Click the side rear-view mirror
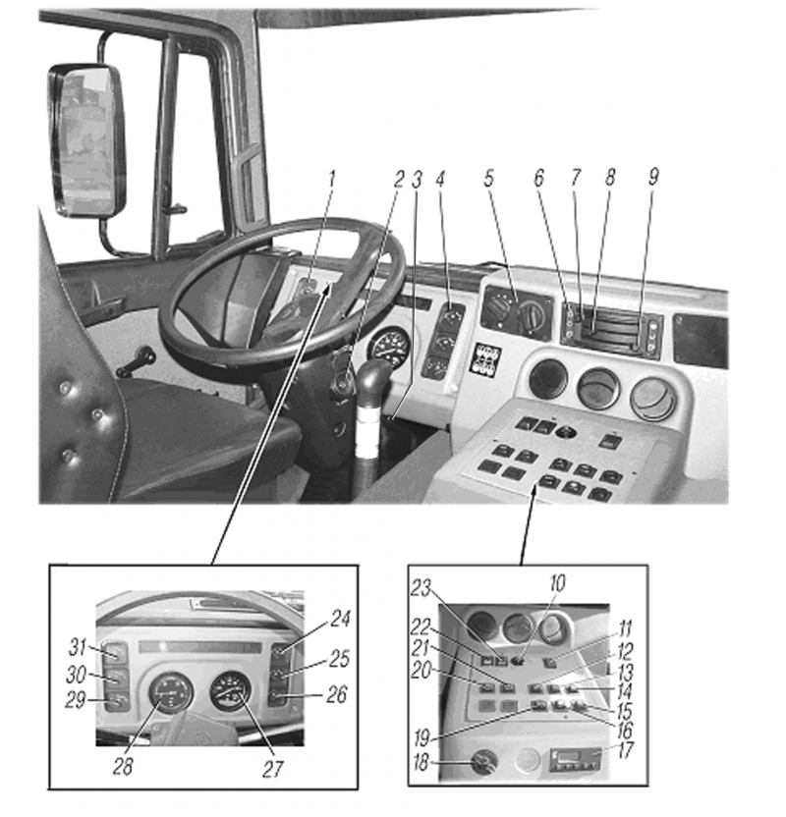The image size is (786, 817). pos(87,140)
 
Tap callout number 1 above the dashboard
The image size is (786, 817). pos(332,179)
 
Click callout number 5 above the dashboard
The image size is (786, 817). pos(488,179)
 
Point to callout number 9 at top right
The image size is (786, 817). pos(653,177)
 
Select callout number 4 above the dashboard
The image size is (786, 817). pos(441,179)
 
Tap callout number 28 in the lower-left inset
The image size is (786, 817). pos(122,766)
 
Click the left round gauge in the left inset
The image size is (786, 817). pos(169,694)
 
